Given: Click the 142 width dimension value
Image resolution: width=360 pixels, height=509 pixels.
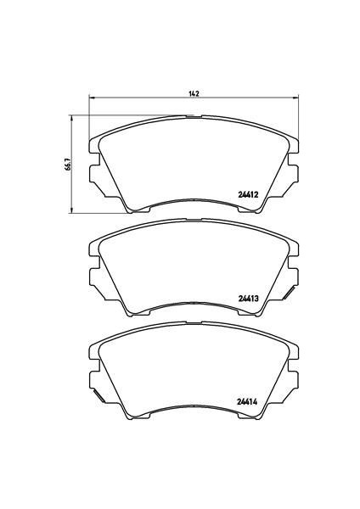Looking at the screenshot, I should coord(194,93).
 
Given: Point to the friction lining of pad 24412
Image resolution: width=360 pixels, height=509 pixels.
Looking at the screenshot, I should coord(194,161).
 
